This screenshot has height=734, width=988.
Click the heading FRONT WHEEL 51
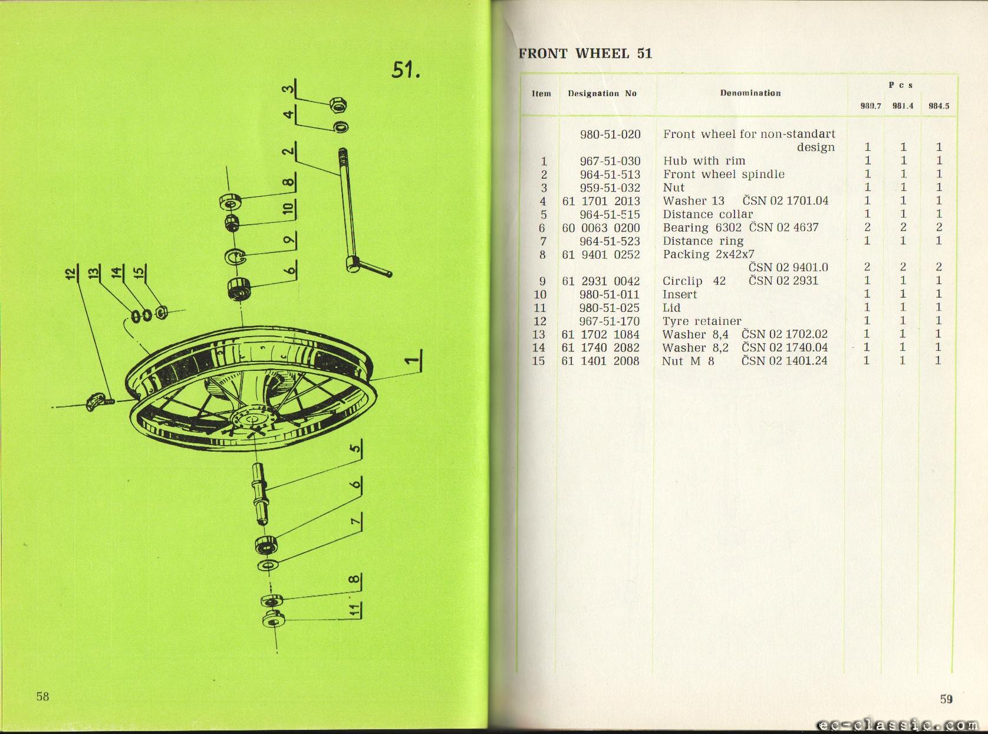[x=585, y=54]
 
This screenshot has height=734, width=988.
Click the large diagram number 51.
[x=406, y=70]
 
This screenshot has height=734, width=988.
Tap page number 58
[x=43, y=696]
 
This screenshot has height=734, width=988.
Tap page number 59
[x=946, y=699]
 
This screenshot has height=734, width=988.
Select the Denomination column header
[x=750, y=93]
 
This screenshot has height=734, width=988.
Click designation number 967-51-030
[x=610, y=161]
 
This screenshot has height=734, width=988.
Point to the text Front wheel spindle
[x=724, y=175]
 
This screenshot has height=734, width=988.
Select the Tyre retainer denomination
[x=702, y=321]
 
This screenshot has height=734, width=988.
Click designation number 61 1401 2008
[x=601, y=361]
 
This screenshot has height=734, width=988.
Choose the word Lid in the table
[x=671, y=308]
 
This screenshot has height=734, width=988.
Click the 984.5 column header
[x=938, y=106]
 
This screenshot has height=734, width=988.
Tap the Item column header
[x=541, y=94]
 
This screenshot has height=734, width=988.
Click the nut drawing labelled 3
[x=338, y=105]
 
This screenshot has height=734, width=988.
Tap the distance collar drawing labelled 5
[x=260, y=494]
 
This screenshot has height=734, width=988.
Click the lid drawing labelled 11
[x=273, y=620]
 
